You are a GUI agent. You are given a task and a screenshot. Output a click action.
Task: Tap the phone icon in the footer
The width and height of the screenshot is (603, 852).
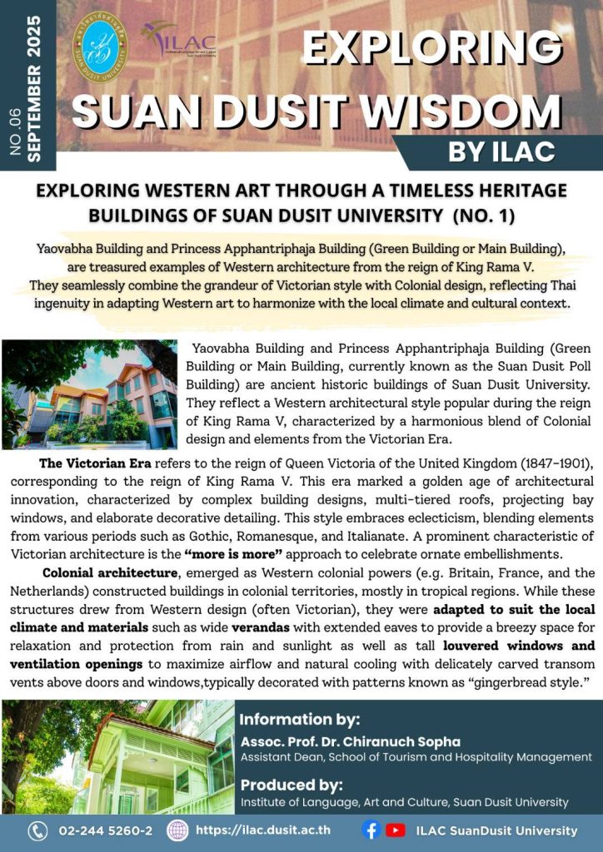[x=37, y=830]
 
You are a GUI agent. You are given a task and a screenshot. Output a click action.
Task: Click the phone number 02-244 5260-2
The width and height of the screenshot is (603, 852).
[x=105, y=830]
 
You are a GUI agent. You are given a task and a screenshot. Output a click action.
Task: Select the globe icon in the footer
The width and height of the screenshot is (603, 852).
[x=177, y=830]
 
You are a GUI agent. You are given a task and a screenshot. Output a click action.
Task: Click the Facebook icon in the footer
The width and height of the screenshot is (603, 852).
[x=372, y=830]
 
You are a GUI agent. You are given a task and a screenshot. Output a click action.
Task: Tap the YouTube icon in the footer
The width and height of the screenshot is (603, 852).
[x=396, y=830]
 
